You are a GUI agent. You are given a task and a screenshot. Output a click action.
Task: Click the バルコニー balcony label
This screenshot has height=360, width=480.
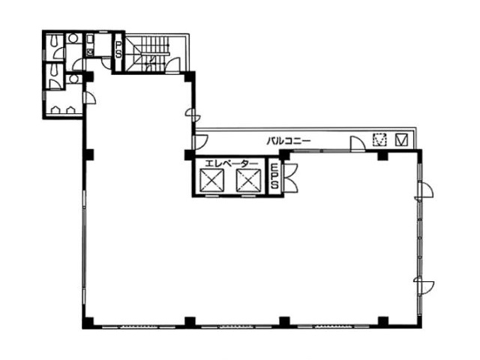point(289,141)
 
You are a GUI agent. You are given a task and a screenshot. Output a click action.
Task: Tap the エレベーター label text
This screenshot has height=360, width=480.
point(231,163)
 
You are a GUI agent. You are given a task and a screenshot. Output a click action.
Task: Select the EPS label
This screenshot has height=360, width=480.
point(275,176)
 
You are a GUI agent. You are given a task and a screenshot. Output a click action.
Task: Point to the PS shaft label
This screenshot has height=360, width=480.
point(118,50)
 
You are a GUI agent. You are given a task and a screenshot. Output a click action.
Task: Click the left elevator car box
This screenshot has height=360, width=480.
point(211,181)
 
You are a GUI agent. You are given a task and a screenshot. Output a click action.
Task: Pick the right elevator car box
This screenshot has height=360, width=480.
point(248,181)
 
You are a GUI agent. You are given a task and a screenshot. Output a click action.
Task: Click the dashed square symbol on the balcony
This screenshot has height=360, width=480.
point(379,140)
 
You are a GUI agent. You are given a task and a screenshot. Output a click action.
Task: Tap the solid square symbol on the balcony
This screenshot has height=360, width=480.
point(401,140)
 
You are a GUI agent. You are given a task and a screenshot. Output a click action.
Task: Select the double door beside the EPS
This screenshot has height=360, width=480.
point(291,178)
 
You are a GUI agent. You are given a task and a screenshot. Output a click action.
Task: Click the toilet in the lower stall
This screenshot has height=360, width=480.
point(55,70)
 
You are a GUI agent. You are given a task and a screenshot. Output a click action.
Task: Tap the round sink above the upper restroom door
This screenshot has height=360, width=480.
point(73,38)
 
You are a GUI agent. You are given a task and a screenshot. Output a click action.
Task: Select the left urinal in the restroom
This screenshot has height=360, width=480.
point(55,110)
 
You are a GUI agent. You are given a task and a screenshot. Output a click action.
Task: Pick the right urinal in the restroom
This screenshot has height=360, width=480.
point(70,110)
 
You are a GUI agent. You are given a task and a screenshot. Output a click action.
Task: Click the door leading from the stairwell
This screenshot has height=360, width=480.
point(172,65)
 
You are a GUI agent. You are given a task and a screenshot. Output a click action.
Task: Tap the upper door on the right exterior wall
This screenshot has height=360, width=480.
point(424,190)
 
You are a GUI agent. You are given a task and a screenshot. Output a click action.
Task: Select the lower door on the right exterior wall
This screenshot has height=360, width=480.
point(424,285)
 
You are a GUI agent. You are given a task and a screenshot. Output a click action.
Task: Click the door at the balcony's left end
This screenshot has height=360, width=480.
point(200,142)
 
